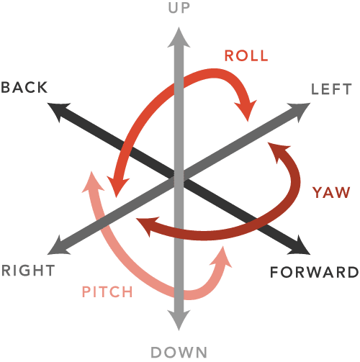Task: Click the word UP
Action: (x=179, y=8)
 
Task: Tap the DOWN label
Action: (x=179, y=353)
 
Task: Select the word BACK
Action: (x=24, y=87)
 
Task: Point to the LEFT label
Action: (x=331, y=89)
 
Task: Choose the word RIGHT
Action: (x=28, y=271)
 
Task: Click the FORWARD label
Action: (x=315, y=273)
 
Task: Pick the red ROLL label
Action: (x=246, y=55)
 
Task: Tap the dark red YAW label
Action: (x=331, y=192)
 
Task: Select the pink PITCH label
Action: (x=107, y=292)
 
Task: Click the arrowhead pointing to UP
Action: (x=179, y=37)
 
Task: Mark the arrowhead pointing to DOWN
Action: (x=179, y=321)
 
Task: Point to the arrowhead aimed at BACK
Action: (x=58, y=110)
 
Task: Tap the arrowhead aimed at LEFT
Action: (x=300, y=110)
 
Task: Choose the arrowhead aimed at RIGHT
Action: (x=58, y=247)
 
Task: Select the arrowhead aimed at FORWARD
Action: (x=300, y=247)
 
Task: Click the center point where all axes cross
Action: (x=179, y=178)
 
